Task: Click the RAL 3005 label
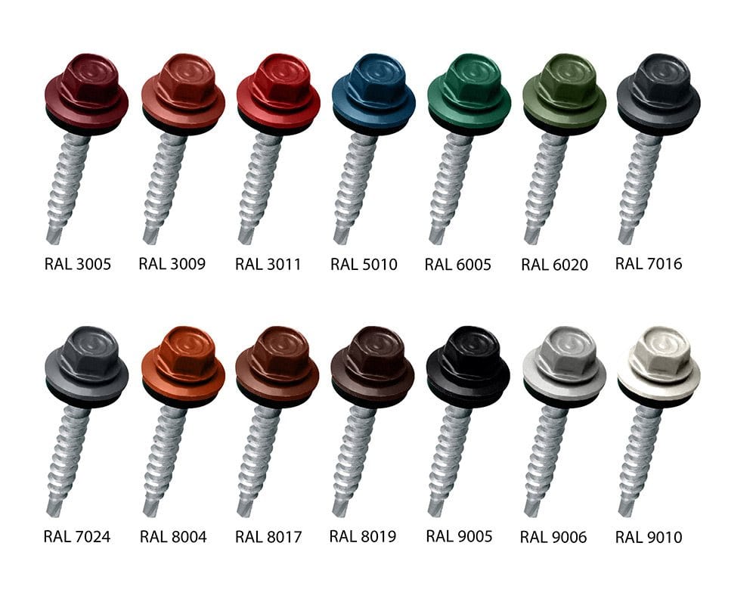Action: tap(78, 264)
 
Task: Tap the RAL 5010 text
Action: tap(364, 265)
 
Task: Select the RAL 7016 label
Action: tap(649, 263)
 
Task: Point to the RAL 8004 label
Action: tap(173, 536)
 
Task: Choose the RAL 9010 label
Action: tap(649, 537)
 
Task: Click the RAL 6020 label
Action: tap(554, 265)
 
